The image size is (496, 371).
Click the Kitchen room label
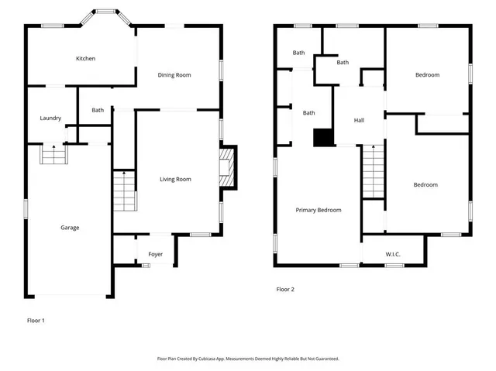point(85,59)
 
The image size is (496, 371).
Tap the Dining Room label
point(174,75)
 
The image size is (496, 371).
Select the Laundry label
point(50,119)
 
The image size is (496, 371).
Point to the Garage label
point(70,228)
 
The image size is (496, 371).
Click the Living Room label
point(175,180)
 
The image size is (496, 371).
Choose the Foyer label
point(155,255)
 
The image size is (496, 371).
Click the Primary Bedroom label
point(318,210)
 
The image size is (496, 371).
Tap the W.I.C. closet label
point(393,255)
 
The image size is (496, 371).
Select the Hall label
point(359,121)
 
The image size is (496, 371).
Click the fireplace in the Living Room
point(227,168)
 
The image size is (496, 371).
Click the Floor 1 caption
point(36,320)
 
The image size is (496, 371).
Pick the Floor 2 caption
point(285,290)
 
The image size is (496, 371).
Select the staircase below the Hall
point(374,172)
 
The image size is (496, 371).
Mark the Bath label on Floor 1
point(98,110)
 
